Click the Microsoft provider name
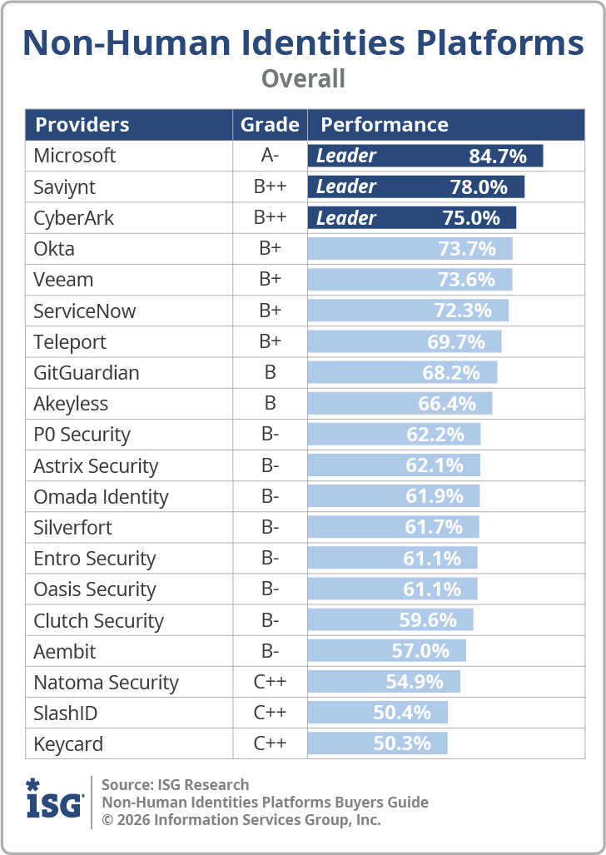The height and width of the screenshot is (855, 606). coord(74,156)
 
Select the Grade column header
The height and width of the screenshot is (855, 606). coord(270,125)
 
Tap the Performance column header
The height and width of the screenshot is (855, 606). coord(385,125)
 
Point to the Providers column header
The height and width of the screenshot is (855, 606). coord(82,125)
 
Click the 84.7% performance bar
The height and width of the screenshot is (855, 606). coord(425,156)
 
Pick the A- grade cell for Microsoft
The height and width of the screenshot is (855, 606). coord(270,156)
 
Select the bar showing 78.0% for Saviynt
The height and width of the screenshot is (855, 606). coord(416,187)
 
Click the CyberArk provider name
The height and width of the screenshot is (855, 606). coord(73,218)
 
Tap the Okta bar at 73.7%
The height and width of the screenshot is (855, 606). coord(410,249)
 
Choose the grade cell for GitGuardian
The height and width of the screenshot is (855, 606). coord(270,372)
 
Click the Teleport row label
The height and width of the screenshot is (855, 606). coord(70,342)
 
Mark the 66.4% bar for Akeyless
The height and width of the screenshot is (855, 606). coord(400,404)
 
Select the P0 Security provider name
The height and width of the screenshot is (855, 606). coord(82,435)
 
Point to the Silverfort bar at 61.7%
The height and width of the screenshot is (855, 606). coord(394,527)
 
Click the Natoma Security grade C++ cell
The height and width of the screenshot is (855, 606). coord(270,682)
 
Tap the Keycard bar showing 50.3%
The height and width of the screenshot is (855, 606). coord(377,743)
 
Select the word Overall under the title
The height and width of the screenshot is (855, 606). coord(303,78)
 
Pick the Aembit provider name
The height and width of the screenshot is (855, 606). coord(64,652)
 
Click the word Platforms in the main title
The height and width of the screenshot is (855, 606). coord(500,43)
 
